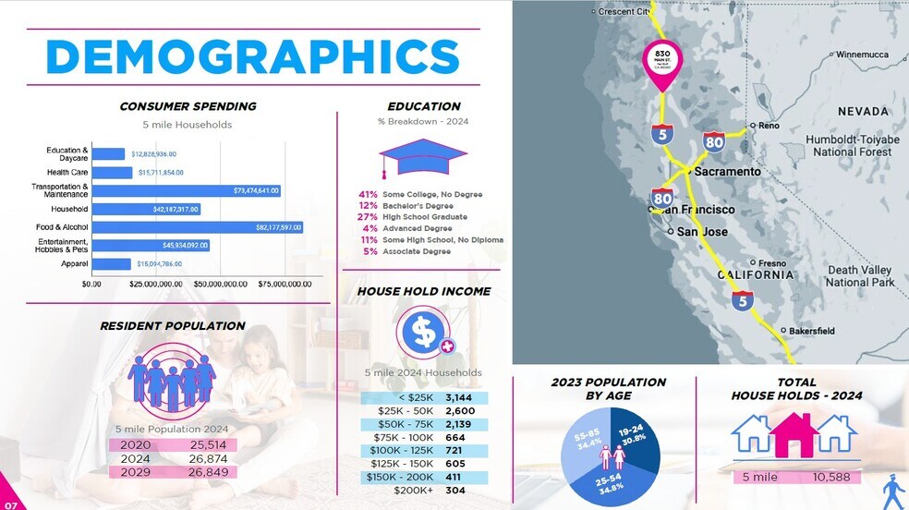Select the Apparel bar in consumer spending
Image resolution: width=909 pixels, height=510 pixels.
click(111, 264)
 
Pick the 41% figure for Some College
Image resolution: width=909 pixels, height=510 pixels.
click(368, 194)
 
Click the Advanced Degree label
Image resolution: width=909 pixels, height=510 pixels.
click(418, 228)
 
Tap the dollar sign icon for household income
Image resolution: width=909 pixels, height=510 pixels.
click(423, 331)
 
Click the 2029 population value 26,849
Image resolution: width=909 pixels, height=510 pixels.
click(208, 472)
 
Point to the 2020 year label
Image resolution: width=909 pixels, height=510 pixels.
click(135, 444)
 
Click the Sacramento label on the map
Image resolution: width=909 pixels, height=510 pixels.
click(727, 172)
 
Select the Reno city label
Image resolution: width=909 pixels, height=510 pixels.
click(768, 126)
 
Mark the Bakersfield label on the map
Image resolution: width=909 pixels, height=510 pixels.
click(811, 331)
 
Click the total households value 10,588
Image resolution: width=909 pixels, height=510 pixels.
click(830, 477)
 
